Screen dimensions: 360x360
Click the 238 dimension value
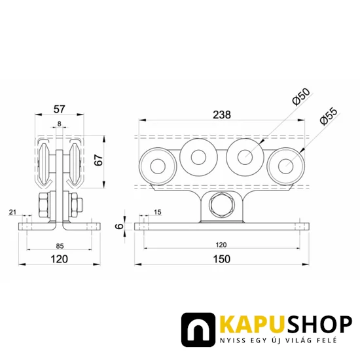[x=222, y=115]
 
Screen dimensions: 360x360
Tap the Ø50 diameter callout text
[x=302, y=97]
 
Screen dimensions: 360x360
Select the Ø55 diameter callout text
[x=329, y=117]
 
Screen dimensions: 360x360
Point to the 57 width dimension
[x=60, y=109]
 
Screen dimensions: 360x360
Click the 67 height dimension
[x=99, y=160]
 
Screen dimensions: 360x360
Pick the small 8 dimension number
[x=60, y=124]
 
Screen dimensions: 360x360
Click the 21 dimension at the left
[x=12, y=212]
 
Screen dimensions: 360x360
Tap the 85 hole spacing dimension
[x=60, y=246]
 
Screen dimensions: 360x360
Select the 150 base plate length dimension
[x=222, y=259]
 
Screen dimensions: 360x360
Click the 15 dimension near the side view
[x=158, y=212]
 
